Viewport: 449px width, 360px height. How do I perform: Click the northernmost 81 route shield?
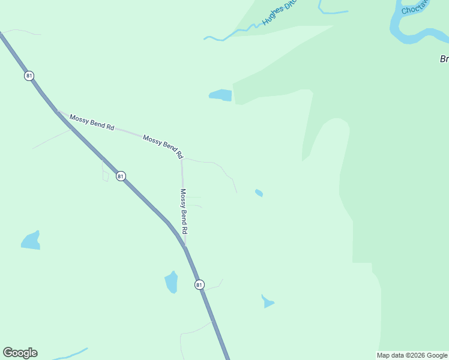29,76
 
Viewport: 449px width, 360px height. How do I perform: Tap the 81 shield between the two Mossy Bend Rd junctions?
121,176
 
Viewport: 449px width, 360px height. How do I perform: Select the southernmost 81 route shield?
199,284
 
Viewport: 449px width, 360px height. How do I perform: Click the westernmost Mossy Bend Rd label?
92,122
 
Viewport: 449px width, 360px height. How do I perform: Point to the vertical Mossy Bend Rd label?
184,211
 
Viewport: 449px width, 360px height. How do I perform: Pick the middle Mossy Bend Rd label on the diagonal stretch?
162,146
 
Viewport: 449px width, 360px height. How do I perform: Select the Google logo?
20,353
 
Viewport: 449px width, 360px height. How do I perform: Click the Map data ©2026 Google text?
412,355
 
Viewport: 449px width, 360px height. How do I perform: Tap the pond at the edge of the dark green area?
220,95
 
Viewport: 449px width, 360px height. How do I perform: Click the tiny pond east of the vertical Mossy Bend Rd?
259,193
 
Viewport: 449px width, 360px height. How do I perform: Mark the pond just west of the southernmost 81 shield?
172,281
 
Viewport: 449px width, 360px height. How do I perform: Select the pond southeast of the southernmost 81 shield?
267,301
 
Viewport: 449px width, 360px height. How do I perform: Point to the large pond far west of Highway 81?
31,241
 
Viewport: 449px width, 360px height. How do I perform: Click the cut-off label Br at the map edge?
444,59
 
